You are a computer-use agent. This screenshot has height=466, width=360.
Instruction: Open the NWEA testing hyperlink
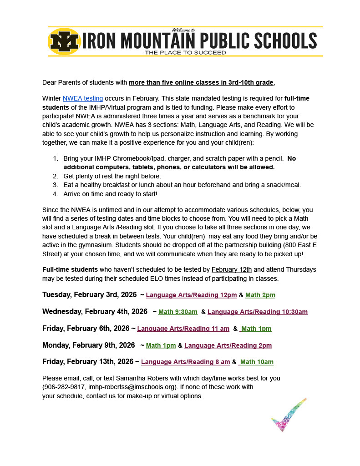[83, 98]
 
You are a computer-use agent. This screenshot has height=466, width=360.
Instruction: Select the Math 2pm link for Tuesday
[260, 295]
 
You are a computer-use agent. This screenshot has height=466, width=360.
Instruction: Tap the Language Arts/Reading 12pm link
[191, 295]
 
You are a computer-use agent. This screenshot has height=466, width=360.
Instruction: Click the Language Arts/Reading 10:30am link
[257, 312]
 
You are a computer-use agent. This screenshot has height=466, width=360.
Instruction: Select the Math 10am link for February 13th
[257, 362]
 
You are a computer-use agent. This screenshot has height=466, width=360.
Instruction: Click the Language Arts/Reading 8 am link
[185, 362]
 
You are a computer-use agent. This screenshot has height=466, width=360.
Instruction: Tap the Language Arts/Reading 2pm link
[228, 345]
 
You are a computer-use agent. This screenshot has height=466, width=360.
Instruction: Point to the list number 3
[55, 185]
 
